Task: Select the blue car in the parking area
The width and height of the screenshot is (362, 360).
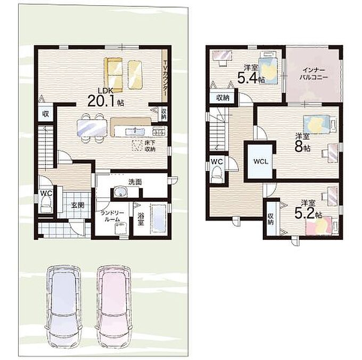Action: (63, 305)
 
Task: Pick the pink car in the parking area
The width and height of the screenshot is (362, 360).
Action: (114, 305)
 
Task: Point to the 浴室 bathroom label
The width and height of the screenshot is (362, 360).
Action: (141, 219)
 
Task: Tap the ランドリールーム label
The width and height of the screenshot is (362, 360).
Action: (112, 216)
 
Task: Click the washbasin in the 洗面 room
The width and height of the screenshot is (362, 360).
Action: (120, 192)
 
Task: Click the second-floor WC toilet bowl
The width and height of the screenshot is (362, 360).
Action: (217, 174)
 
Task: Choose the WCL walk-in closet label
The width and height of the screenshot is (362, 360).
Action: (261, 162)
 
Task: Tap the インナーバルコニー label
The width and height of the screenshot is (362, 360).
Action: (314, 73)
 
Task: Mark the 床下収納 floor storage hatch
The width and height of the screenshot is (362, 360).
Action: (137, 146)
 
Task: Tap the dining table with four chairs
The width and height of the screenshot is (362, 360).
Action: (92, 128)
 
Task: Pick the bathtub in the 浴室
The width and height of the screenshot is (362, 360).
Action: (159, 218)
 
